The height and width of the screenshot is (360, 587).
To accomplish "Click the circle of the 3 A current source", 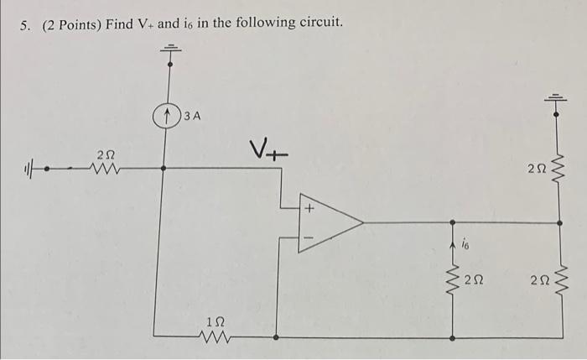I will pos(169,115).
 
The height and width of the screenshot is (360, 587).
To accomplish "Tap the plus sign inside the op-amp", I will pos(309,207).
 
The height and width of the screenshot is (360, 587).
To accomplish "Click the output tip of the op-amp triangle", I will pos(362,223).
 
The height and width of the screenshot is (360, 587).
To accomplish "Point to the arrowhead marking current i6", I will pos(454,243).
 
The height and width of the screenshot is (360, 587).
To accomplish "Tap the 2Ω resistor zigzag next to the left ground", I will pos(106,168).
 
